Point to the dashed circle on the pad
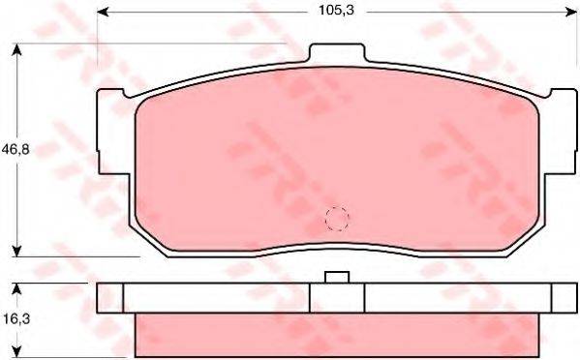click(x=336, y=220)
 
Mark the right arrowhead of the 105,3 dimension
click(x=571, y=11)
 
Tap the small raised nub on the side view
click(x=336, y=278)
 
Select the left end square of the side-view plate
click(x=110, y=298)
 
